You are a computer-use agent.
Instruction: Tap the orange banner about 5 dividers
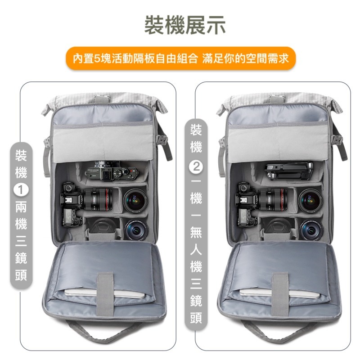pyautogui.click(x=180, y=58)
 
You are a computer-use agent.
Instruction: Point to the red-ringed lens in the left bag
pyautogui.click(x=101, y=198)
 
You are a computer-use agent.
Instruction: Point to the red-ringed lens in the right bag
pyautogui.click(x=275, y=198)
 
